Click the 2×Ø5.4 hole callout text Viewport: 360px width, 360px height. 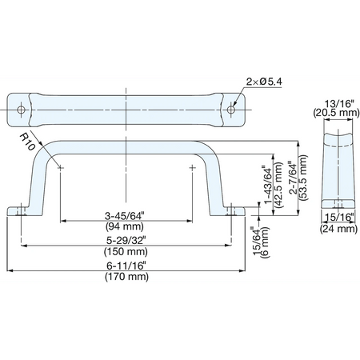[264, 82]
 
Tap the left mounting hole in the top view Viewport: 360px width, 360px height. [21, 110]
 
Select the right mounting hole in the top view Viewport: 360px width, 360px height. [231, 110]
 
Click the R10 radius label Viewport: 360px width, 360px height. [27, 142]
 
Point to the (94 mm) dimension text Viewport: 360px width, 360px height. [125, 226]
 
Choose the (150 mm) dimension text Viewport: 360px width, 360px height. [126, 251]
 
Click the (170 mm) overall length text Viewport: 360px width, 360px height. [126, 277]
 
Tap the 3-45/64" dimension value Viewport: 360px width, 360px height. [124, 216]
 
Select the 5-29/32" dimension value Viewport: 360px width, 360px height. [126, 240]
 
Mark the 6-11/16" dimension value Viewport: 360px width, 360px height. [126, 266]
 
